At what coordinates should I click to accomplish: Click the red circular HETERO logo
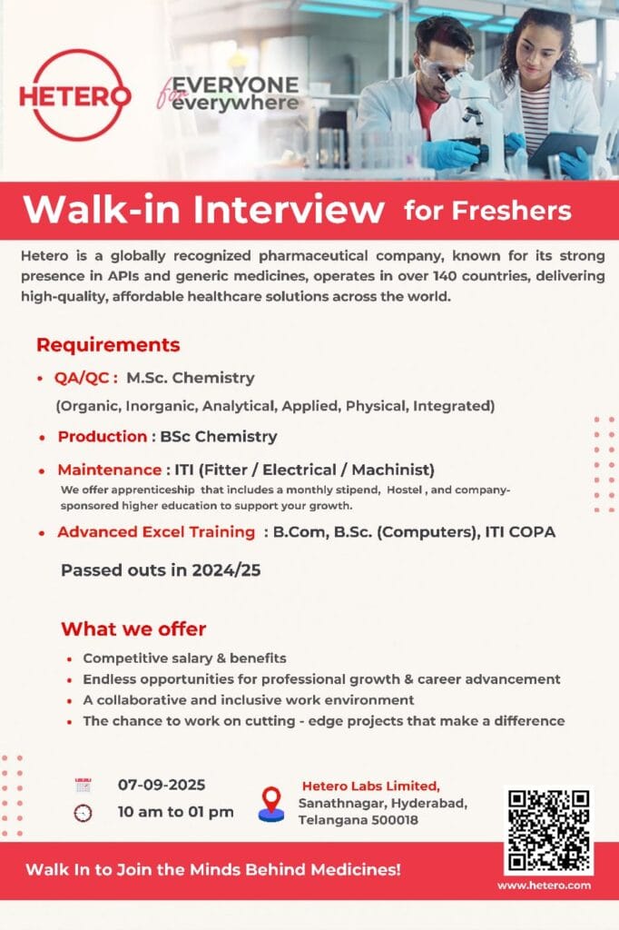(x=74, y=94)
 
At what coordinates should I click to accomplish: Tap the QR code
(x=548, y=831)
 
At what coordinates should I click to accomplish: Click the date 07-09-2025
(x=162, y=785)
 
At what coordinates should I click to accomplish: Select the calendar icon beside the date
(x=84, y=786)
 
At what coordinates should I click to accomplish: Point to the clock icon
(x=84, y=812)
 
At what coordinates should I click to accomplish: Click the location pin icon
(x=270, y=804)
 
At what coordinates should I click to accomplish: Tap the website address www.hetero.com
(x=545, y=885)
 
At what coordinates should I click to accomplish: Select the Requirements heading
(x=108, y=345)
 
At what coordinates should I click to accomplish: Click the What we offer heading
(x=133, y=628)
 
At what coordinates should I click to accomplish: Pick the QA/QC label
(x=87, y=378)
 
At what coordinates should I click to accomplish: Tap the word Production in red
(x=103, y=437)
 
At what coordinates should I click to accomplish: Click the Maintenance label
(x=110, y=470)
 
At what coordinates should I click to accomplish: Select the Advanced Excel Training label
(x=156, y=532)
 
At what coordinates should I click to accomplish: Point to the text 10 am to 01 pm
(x=175, y=811)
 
